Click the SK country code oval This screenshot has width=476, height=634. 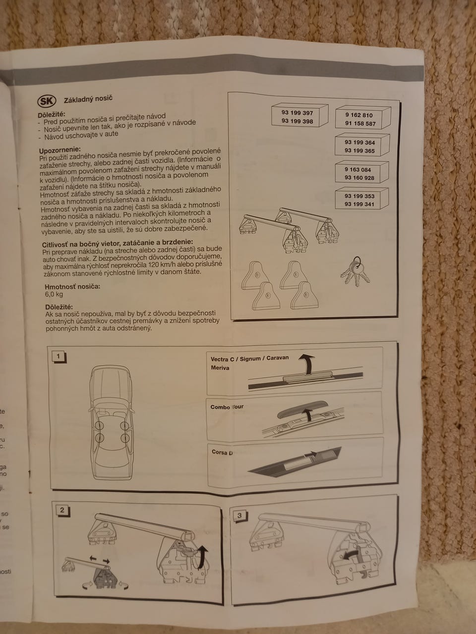(47, 101)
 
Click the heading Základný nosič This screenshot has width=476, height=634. (88, 100)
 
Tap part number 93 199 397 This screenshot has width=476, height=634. (297, 112)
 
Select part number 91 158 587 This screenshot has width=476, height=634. (360, 124)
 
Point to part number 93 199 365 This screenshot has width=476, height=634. (359, 151)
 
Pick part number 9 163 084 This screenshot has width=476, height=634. (357, 170)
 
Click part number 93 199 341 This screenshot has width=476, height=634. (359, 204)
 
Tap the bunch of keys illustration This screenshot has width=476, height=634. (356, 271)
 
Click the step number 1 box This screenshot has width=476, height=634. (59, 357)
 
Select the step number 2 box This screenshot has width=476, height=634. (62, 510)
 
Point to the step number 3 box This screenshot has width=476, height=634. (239, 516)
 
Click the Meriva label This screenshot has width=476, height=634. (220, 368)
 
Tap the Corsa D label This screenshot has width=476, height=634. (222, 452)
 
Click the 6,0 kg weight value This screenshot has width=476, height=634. (54, 294)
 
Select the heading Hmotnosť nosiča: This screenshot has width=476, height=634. (72, 287)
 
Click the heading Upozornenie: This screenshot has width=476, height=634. (60, 150)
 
